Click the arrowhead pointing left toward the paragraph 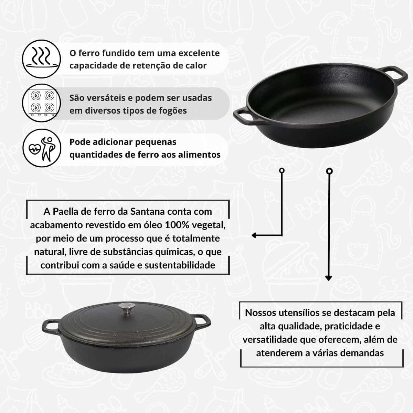[x=254, y=235]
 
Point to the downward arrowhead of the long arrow [x=329, y=278]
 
